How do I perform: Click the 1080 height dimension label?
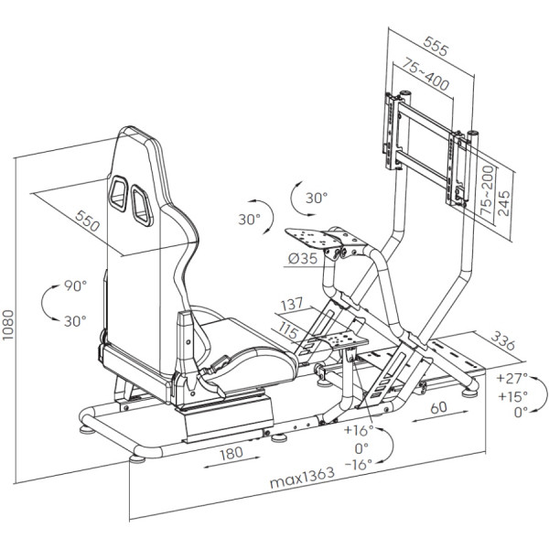tap(7, 324)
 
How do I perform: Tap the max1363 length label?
tap(302, 478)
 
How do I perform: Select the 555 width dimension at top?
tap(436, 46)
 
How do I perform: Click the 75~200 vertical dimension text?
tap(487, 190)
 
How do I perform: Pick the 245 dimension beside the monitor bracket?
tap(503, 203)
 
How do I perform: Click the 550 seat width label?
tap(87, 221)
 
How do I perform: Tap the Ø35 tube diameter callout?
tap(303, 259)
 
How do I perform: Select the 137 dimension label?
tap(292, 304)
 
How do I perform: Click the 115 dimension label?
tap(289, 330)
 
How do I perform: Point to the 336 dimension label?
tap(502, 340)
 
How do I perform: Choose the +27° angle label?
tap(511, 378)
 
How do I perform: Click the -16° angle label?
tap(359, 465)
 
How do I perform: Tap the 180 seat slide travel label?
tap(231, 453)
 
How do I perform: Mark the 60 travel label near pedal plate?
tap(438, 407)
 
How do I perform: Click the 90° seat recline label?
tap(75, 286)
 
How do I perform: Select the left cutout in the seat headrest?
tap(118, 193)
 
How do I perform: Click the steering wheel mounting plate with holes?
tap(313, 238)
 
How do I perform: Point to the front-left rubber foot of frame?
tap(137, 459)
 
